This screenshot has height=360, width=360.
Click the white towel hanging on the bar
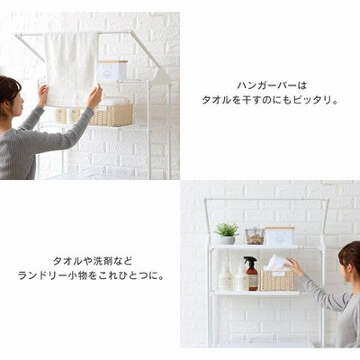pyautogui.click(x=71, y=69)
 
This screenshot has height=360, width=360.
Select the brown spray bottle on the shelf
pyautogui.click(x=251, y=274)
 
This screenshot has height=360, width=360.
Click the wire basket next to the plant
pyautogui.click(x=255, y=237)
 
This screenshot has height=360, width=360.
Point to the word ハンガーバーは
pyautogui.click(x=272, y=85)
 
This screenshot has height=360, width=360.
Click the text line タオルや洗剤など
pyautogui.click(x=93, y=261)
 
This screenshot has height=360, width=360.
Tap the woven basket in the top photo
pyautogui.click(x=112, y=114)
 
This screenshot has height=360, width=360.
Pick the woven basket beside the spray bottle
pyautogui.click(x=277, y=280)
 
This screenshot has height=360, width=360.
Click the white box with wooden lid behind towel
pyautogui.click(x=112, y=71)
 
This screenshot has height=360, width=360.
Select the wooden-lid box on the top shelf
pyautogui.click(x=280, y=236)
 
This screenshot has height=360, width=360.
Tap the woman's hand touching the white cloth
pyautogui.click(x=293, y=266)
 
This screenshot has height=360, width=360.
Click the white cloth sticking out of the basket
pyautogui.click(x=276, y=264)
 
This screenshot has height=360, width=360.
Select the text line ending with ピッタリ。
pyautogui.click(x=270, y=100)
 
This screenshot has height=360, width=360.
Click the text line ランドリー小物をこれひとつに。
pyautogui.click(x=92, y=275)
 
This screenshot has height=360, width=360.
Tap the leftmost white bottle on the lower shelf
pyautogui.click(x=226, y=276)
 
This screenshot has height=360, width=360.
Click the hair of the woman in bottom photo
pyautogui.click(x=350, y=255)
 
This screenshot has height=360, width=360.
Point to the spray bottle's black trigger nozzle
pyautogui.click(x=249, y=260)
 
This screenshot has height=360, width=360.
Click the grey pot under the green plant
pyautogui.click(x=228, y=240)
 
